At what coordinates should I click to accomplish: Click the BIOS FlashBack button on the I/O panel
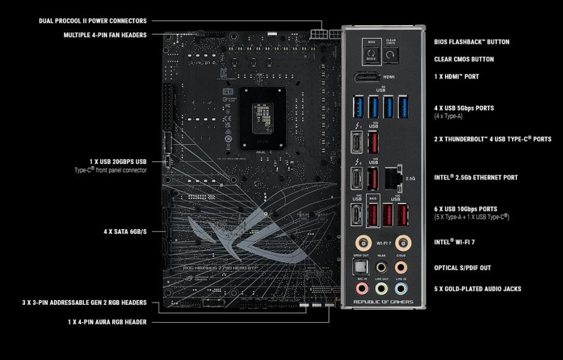371,55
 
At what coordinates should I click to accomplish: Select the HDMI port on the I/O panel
366,77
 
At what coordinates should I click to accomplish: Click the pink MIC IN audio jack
362,289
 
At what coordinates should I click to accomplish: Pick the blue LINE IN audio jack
401,289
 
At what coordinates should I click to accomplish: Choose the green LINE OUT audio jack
381,289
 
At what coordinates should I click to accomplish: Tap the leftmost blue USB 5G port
358,108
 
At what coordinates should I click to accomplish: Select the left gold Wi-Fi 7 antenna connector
362,242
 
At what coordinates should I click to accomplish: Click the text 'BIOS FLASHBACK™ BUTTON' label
471,42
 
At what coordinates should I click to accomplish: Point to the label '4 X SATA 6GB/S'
125,230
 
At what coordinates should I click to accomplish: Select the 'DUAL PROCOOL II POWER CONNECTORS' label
92,21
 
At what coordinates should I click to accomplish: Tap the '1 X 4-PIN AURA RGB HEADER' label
107,322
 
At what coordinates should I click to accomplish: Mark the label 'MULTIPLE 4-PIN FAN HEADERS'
105,35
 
